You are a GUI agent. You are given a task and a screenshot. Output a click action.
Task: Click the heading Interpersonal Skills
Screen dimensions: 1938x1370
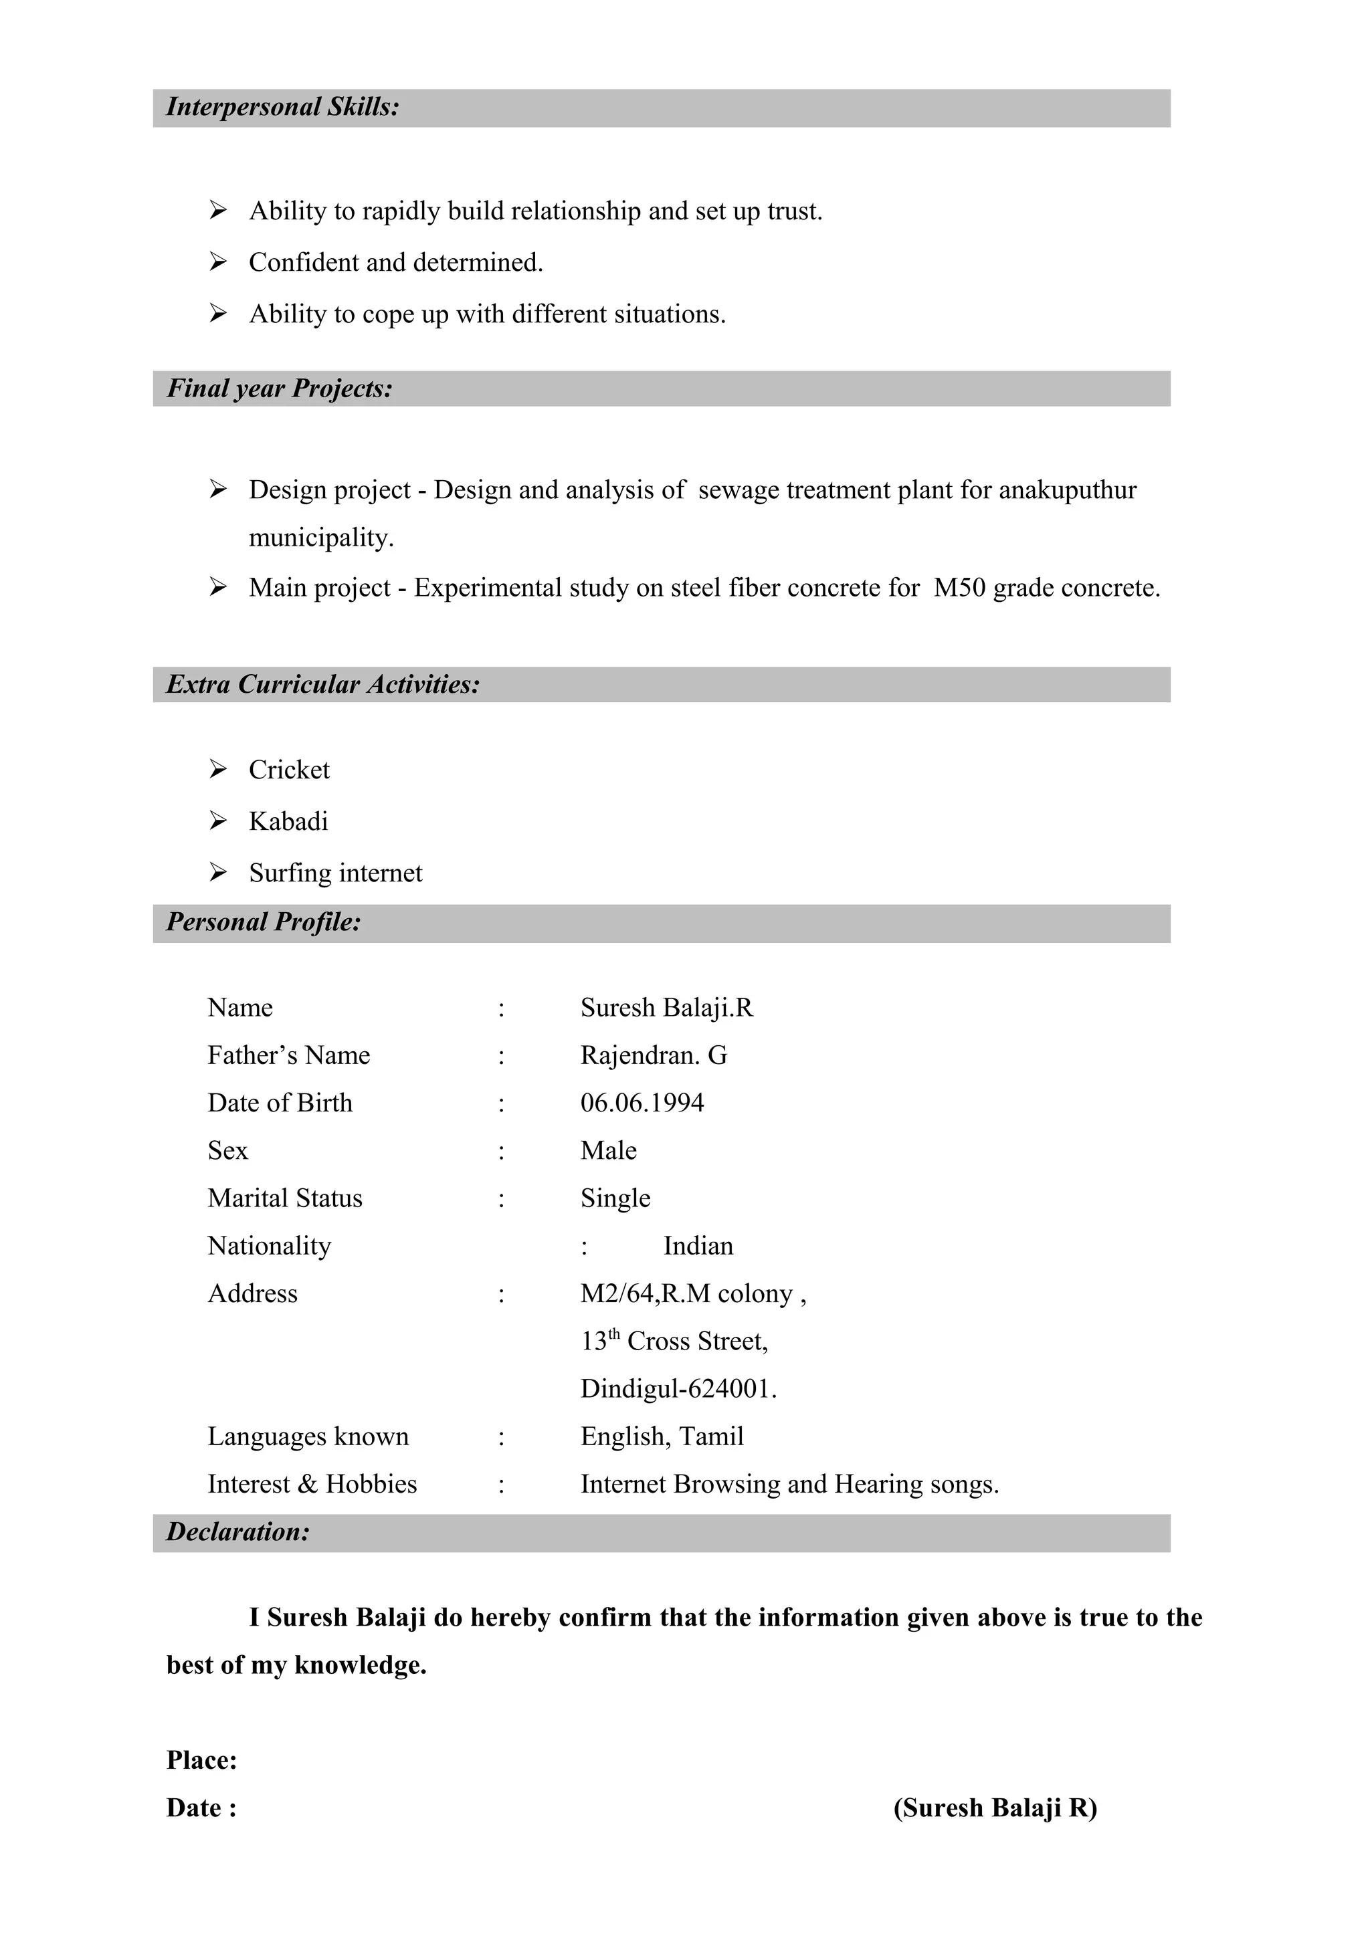pos(282,107)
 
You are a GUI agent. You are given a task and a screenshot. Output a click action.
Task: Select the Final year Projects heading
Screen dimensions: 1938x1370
pos(280,389)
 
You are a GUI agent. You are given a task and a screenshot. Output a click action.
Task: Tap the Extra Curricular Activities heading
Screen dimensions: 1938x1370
pos(322,685)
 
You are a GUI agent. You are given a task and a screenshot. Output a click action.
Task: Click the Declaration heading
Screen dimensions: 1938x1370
pos(237,1532)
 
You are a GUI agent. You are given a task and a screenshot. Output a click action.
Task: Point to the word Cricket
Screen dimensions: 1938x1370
pos(289,770)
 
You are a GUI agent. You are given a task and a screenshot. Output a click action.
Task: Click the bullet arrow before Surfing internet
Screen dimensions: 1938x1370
pos(218,873)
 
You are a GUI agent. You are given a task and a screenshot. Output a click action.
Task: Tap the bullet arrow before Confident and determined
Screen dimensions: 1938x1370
pos(218,263)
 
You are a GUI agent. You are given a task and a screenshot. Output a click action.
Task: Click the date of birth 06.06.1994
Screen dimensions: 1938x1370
pos(642,1103)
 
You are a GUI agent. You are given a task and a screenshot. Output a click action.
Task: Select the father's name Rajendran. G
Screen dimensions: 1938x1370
pos(654,1055)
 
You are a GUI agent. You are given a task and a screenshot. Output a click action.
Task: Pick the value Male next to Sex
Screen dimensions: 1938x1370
pos(608,1150)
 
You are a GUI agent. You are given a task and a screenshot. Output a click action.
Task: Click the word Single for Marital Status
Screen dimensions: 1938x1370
pos(615,1198)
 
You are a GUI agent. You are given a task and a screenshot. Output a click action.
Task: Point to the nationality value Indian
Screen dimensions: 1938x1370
pos(698,1246)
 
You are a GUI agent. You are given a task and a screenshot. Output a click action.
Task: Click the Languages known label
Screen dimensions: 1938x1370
pos(308,1436)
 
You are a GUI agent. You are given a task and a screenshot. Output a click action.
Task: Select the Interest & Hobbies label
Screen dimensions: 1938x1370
pos(312,1484)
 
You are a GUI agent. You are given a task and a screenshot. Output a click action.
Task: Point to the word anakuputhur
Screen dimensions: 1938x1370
pos(1067,490)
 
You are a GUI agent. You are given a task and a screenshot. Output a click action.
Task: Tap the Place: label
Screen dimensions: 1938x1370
pos(202,1760)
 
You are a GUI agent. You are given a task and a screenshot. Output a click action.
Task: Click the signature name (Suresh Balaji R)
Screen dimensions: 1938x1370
pos(995,1808)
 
